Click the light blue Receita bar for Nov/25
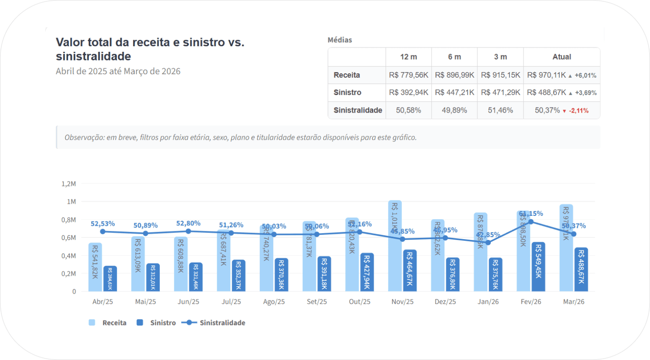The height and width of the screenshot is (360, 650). click(x=395, y=259)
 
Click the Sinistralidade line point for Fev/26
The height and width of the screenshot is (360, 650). click(x=531, y=222)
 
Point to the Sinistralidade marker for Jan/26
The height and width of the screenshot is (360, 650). click(x=488, y=243)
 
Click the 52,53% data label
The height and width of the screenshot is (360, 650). click(x=103, y=224)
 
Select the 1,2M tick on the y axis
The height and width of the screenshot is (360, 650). click(x=69, y=184)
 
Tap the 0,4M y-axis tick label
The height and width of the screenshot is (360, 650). click(x=69, y=256)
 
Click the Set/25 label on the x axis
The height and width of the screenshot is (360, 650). click(x=317, y=302)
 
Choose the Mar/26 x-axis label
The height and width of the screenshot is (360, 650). click(x=574, y=302)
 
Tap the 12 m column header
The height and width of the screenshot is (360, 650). click(x=408, y=57)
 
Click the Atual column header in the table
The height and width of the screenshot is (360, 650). click(x=562, y=57)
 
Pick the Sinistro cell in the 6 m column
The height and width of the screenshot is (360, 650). click(x=454, y=92)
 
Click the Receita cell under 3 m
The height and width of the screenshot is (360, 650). click(x=500, y=75)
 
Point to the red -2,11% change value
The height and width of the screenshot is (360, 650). click(x=578, y=111)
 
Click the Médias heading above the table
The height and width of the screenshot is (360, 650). click(x=340, y=40)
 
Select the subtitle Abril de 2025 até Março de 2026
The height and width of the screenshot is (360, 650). click(x=118, y=71)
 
